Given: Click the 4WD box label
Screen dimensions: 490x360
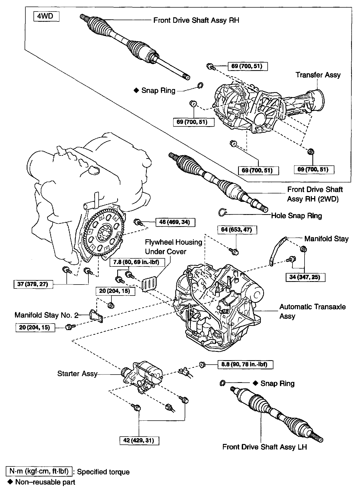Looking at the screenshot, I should [x=46, y=16].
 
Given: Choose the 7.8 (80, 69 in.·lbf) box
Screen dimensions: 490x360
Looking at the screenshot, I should [x=136, y=262].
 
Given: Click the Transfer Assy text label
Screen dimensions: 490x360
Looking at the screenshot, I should [x=318, y=75].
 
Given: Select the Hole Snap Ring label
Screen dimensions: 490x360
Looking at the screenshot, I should [x=296, y=216].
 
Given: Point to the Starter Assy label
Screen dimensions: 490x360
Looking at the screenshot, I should [x=77, y=374].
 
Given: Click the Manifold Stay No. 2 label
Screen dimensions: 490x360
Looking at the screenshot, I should [x=46, y=315].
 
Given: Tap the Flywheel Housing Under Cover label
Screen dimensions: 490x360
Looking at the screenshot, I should [x=173, y=247].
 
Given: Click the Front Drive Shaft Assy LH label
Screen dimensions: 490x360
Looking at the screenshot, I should [x=265, y=447].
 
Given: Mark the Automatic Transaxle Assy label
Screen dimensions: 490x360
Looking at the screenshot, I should [x=312, y=311].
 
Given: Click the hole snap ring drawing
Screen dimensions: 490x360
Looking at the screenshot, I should [x=222, y=212].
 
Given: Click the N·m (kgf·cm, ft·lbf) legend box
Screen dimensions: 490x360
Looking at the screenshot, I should [x=39, y=471].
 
